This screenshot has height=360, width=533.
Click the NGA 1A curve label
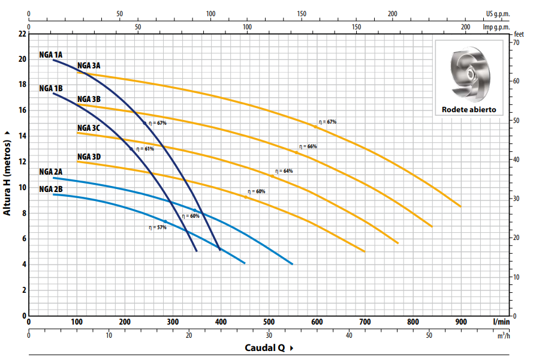pyautogui.click(x=51, y=54)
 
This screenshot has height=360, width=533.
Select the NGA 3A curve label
pyautogui.click(x=89, y=65)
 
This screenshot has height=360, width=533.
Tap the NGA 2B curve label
pyautogui.click(x=51, y=189)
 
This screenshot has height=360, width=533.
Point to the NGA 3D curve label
pyautogui.click(x=89, y=157)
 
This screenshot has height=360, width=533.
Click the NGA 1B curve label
pyautogui.click(x=51, y=88)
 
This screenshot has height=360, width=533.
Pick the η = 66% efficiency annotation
pyautogui.click(x=308, y=146)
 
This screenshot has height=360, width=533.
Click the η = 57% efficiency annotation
pyautogui.click(x=158, y=227)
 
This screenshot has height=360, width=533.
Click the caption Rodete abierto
pyautogui.click(x=469, y=110)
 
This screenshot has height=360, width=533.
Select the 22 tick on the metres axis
pyautogui.click(x=22, y=34)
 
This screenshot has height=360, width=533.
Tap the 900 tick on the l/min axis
pyautogui.click(x=461, y=322)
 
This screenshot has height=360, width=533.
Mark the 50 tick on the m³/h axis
pyautogui.click(x=429, y=335)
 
